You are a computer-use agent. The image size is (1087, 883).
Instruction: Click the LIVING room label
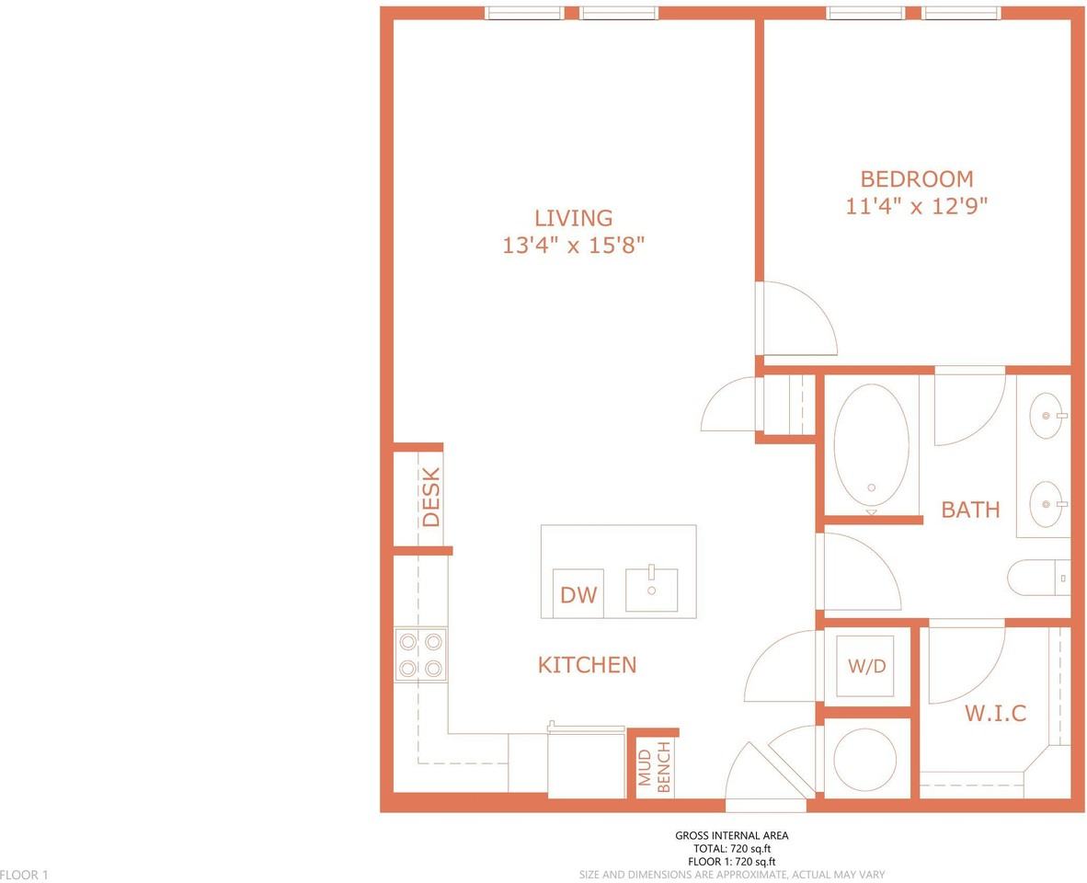click(x=573, y=218)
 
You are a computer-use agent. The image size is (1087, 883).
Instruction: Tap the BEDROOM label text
click(x=917, y=178)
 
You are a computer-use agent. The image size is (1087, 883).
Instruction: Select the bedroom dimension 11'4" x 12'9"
click(x=917, y=206)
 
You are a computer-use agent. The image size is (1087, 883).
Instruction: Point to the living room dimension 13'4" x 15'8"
click(x=573, y=245)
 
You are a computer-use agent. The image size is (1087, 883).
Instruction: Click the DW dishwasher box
click(x=578, y=593)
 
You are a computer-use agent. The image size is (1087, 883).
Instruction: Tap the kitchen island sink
click(x=652, y=590)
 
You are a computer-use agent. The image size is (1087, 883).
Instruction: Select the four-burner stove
click(x=421, y=655)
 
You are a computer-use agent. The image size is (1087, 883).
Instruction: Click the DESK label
click(x=430, y=497)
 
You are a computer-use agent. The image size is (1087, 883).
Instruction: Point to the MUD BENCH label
click(x=655, y=766)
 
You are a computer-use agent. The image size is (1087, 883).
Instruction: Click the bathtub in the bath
click(x=872, y=446)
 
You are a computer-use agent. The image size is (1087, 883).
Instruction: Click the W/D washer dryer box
click(x=867, y=666)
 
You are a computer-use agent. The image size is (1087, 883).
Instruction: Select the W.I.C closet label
click(x=995, y=713)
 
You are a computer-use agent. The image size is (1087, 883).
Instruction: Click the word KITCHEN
click(x=587, y=665)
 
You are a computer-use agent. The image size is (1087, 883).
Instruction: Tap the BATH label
click(x=970, y=510)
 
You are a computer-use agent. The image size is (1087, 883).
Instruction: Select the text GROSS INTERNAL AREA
click(x=731, y=835)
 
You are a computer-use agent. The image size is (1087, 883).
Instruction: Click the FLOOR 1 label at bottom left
click(x=24, y=875)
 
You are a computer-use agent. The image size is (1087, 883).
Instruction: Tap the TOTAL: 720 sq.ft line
click(x=732, y=848)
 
